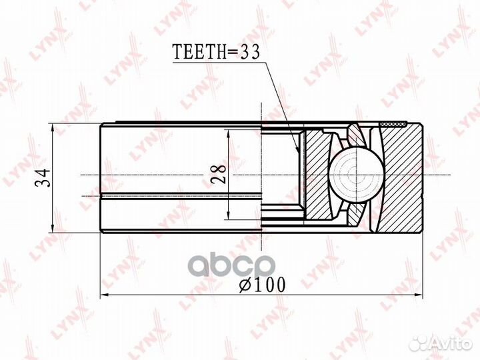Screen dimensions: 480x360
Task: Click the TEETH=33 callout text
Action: [x=216, y=51]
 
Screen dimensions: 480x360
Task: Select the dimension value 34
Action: [x=43, y=178]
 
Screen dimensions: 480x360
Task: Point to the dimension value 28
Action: [x=219, y=174]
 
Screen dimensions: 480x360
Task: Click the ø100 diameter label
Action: [x=262, y=285]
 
